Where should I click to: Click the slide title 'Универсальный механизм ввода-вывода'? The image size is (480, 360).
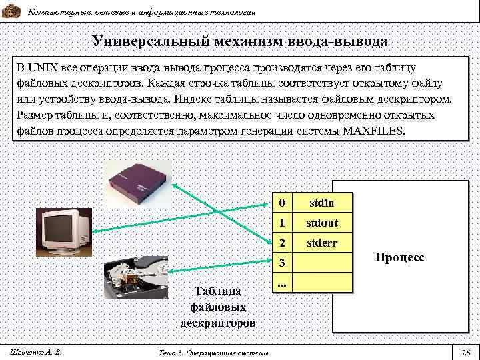[x=240, y=41]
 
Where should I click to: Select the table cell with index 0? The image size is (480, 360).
[x=282, y=202]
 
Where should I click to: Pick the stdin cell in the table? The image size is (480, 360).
[x=322, y=202]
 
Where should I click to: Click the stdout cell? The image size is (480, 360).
[x=322, y=223]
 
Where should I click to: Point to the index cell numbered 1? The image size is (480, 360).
[x=282, y=223]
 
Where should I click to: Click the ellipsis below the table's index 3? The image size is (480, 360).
[x=281, y=284]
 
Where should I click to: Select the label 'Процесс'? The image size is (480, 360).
[x=399, y=257]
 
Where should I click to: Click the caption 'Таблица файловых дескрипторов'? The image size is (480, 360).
[x=217, y=307]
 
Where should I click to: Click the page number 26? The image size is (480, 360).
[x=466, y=351]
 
